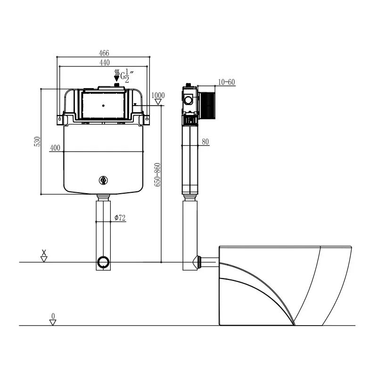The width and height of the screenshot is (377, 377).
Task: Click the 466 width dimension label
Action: click(104, 53)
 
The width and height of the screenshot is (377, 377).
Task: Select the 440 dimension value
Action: click(105, 63)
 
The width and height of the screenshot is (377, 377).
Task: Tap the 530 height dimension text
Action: click(37, 141)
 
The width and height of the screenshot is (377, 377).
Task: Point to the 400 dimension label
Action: click(55, 148)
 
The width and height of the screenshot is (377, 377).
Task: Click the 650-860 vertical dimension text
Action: click(157, 174)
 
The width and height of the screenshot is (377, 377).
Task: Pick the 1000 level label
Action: click(158, 96)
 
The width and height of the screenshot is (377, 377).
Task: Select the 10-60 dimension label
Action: click(227, 82)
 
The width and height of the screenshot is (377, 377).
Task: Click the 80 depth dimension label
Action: click(205, 142)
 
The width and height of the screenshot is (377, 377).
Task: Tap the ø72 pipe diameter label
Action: click(120, 218)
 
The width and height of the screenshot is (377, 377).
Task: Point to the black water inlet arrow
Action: click(116, 75)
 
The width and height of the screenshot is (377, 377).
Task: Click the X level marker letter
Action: click(44, 253)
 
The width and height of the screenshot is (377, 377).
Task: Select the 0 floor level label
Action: click(53, 316)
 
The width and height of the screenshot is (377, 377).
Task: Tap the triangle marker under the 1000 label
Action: click(158, 102)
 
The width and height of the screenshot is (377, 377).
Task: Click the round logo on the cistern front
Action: click(103, 180)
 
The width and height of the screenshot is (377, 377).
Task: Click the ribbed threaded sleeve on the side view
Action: click(207, 106)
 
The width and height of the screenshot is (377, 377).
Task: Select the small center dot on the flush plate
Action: click(103, 106)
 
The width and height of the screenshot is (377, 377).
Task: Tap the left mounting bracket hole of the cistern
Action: click(60, 119)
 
